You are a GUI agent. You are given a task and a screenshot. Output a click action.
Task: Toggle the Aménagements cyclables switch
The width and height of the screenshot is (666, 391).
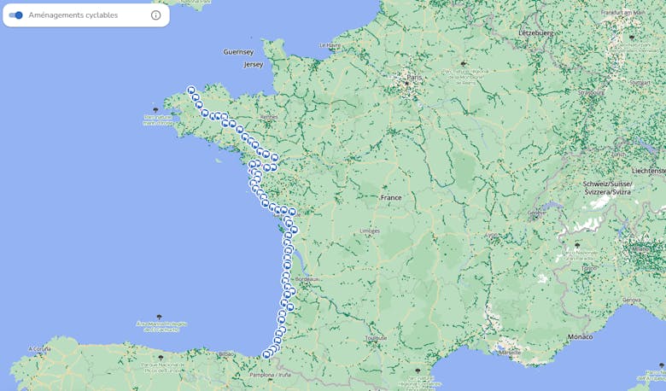[x=16, y=15]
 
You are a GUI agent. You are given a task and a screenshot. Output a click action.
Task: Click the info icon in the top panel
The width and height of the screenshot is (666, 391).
[x=155, y=15]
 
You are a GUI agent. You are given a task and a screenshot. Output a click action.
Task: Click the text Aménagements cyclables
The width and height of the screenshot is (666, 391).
[x=73, y=15]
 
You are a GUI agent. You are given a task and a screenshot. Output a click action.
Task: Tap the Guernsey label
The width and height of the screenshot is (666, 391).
[x=238, y=52]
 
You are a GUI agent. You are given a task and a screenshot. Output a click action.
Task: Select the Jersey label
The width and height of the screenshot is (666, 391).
[x=254, y=65]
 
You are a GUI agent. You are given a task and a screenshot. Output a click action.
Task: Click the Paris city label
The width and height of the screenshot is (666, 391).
[x=414, y=77]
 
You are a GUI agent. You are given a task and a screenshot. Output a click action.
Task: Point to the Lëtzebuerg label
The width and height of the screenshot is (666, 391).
[x=536, y=33]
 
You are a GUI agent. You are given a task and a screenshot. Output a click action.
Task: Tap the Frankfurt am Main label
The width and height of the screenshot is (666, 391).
[x=622, y=14]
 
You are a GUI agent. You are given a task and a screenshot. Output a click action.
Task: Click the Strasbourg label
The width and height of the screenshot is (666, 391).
[x=591, y=92]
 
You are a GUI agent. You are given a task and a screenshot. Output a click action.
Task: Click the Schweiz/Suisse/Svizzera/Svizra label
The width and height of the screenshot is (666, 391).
[x=607, y=188]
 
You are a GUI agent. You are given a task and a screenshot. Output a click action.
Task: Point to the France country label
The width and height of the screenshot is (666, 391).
[x=390, y=198]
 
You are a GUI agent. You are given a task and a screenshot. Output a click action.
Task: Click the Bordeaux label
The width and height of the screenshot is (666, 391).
[x=307, y=279]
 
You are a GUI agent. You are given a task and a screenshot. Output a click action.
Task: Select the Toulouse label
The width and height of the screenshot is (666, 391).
[x=375, y=338]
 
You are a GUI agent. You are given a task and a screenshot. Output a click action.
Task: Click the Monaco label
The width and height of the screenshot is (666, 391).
[x=580, y=337]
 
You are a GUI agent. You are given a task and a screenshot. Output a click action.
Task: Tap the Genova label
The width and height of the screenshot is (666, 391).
[x=631, y=301]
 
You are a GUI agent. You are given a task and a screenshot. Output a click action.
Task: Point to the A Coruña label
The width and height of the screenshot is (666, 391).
[x=40, y=349]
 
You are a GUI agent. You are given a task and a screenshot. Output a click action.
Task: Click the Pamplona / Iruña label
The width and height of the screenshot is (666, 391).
[x=270, y=375]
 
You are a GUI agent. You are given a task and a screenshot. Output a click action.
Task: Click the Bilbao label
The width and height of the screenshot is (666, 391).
[x=226, y=353]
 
